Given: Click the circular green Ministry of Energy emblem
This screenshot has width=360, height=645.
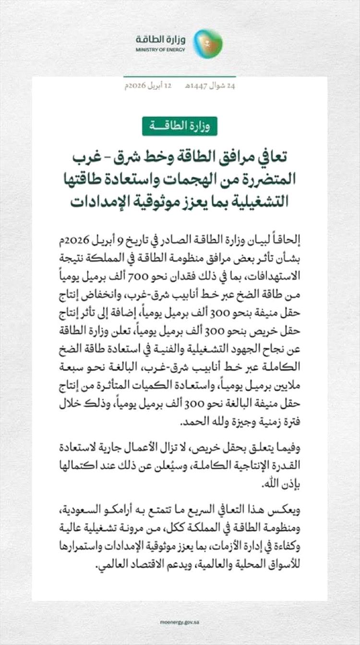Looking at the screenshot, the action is click(x=208, y=43).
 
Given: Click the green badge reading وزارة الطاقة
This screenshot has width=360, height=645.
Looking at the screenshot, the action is click(x=180, y=126).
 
